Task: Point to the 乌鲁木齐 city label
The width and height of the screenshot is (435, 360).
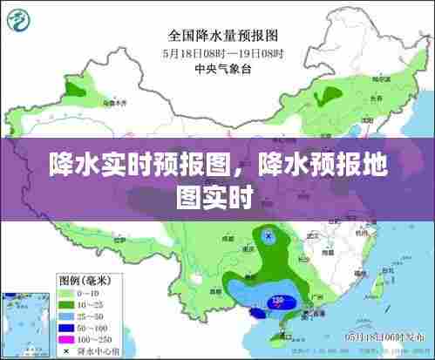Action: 115,102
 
